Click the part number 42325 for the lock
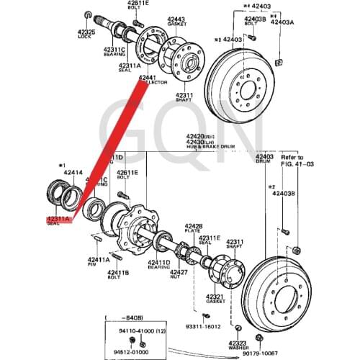[86, 33]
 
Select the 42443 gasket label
[176, 19]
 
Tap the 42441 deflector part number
[148, 77]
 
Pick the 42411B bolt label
[118, 272]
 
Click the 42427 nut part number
[178, 272]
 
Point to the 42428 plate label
[194, 225]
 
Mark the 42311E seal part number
[210, 237]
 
